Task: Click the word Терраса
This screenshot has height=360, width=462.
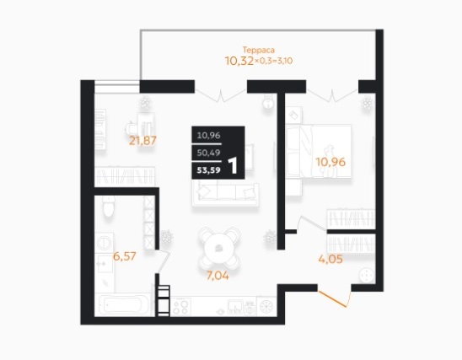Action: pyautogui.click(x=259, y=50)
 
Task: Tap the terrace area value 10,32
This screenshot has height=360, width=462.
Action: pyautogui.click(x=239, y=61)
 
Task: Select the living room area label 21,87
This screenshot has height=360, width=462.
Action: pyautogui.click(x=143, y=141)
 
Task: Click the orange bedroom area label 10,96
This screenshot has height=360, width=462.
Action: pyautogui.click(x=330, y=162)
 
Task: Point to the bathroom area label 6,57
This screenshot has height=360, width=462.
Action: pyautogui.click(x=125, y=256)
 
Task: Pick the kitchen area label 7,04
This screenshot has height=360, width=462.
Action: pyautogui.click(x=218, y=276)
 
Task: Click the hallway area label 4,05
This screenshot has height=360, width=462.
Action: pyautogui.click(x=330, y=259)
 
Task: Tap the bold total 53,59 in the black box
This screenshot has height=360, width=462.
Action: pyautogui.click(x=208, y=170)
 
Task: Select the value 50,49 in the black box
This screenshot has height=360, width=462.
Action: pyautogui.click(x=208, y=153)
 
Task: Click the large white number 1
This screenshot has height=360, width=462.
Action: pyautogui.click(x=233, y=166)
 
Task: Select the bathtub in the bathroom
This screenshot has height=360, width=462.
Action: pyautogui.click(x=124, y=304)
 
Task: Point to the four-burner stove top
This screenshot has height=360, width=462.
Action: pyautogui.click(x=180, y=307)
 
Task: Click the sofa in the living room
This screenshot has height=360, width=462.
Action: pyautogui.click(x=225, y=193)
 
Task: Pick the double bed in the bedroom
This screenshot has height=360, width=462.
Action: pyautogui.click(x=319, y=151)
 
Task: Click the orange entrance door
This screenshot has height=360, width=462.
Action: pyautogui.click(x=333, y=299)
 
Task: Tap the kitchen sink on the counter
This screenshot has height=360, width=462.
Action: pyautogui.click(x=235, y=306)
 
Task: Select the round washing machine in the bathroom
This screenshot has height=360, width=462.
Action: pyautogui.click(x=104, y=242)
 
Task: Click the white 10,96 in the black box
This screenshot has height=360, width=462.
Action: pyautogui.click(x=208, y=136)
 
